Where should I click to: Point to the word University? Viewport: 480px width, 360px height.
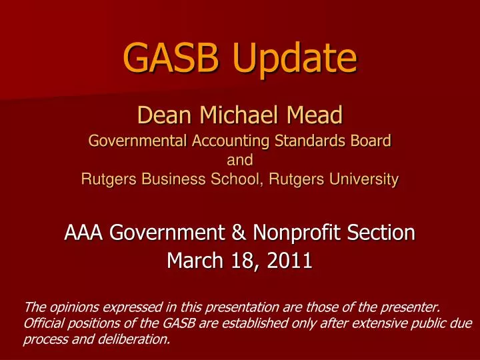tap(363, 178)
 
